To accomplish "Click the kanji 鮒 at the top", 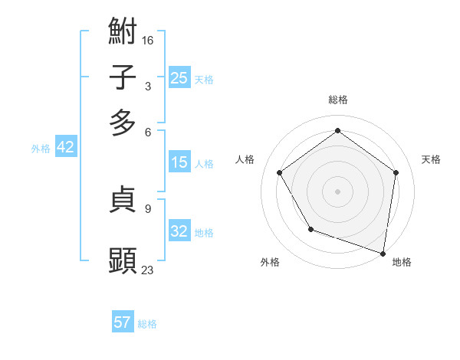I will (x=123, y=33).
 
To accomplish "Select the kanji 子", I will (x=123, y=77).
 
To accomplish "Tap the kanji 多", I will (x=123, y=123).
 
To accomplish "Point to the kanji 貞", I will (x=123, y=201).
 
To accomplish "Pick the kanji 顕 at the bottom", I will (x=123, y=260).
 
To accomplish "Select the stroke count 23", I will (x=148, y=269).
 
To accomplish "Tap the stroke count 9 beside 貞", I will (x=148, y=208).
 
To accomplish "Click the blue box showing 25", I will (x=179, y=77).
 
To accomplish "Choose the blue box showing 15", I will (x=179, y=162).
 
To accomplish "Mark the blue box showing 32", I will (x=179, y=231).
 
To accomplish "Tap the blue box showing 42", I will (x=65, y=147).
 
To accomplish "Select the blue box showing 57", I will (x=123, y=322).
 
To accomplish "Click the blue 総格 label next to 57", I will (x=147, y=324).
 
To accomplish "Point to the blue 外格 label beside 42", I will (x=41, y=149).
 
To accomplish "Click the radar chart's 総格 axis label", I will (x=337, y=100).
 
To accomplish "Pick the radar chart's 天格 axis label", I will (x=431, y=159).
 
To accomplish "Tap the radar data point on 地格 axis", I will (x=383, y=252).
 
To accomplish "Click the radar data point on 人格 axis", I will (x=280, y=172).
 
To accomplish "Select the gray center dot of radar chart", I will (x=337, y=191).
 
